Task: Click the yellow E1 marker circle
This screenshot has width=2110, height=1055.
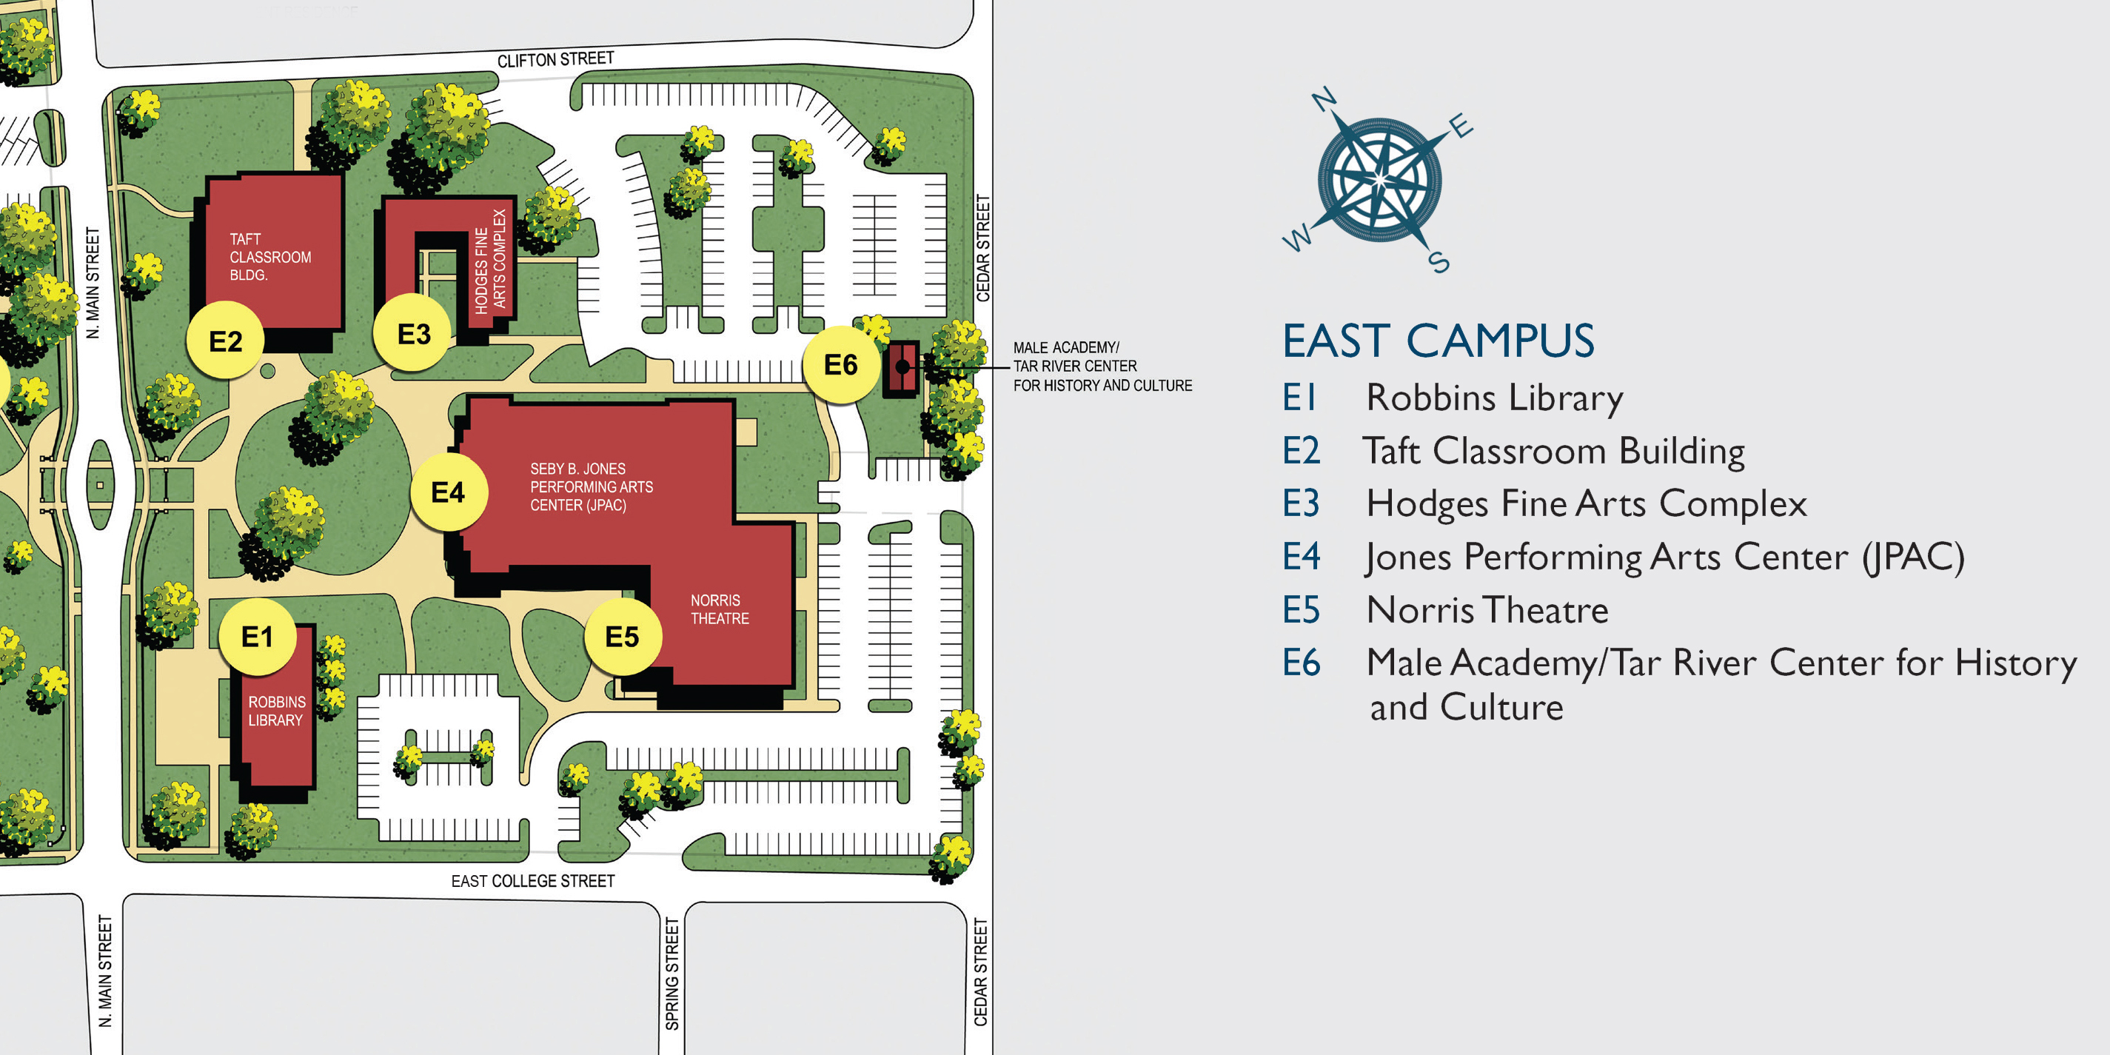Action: pos(257,637)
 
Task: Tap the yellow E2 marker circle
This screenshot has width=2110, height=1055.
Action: pos(225,341)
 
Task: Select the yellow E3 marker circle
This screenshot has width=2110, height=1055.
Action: pos(413,333)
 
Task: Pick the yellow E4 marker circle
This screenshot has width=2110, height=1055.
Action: pos(448,492)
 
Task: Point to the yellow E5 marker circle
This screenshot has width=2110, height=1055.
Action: pos(622,637)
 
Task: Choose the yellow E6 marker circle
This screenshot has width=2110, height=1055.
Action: pos(840,364)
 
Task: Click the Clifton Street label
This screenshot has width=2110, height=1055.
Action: pos(555,60)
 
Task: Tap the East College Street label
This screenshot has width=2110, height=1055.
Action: pos(532,881)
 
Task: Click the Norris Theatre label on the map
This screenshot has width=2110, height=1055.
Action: pos(719,609)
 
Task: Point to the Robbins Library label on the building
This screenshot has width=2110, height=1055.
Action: pos(276,711)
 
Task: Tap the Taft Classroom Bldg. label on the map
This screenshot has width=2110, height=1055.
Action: pos(269,257)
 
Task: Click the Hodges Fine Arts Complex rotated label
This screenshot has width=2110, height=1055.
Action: pos(491,261)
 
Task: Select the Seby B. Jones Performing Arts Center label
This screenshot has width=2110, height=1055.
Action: pos(591,486)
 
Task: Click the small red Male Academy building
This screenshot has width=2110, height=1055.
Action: pos(901,369)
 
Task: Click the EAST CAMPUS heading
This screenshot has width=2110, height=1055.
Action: pos(1439,341)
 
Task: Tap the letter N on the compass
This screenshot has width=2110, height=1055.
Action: pos(1324,101)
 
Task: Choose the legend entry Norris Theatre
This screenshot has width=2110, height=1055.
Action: pos(1487,610)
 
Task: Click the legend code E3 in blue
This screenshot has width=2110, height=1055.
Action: pos(1301,503)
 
